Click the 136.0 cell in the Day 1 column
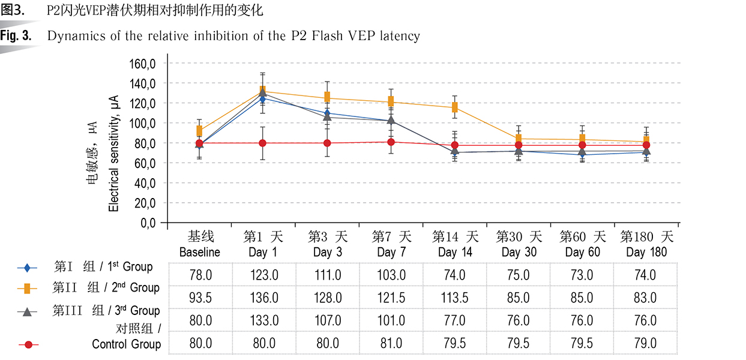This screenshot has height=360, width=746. pos(263,298)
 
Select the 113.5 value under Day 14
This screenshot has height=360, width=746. pos(456,298)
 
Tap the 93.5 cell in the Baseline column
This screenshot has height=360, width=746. pos(200,298)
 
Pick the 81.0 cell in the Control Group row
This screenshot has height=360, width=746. pos(391,344)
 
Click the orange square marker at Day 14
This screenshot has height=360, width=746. pos(455,107)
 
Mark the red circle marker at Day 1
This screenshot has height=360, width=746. pos(263,143)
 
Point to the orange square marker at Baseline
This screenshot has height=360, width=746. pos(199,130)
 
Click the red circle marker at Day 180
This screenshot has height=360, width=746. pos(646,145)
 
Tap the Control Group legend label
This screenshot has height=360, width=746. pos(127,344)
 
